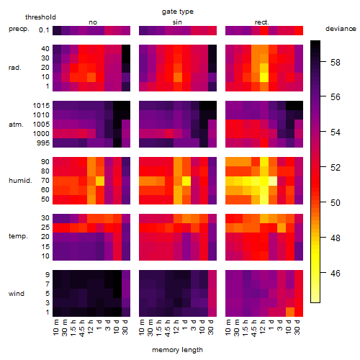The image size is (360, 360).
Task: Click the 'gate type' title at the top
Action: tap(178, 12)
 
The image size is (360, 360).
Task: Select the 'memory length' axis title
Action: tap(177, 350)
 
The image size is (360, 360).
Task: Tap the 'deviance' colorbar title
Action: tap(341, 29)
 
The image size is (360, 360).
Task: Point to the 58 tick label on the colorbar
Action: tap(336, 63)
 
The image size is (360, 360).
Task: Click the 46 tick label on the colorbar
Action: tap(336, 273)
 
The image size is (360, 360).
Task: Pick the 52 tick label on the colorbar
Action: tap(336, 168)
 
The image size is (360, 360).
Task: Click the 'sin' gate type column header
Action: tap(177, 22)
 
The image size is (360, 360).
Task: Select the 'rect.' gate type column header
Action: tap(262, 22)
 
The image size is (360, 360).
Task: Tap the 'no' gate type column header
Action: tap(93, 22)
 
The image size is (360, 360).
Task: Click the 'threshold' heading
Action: tap(40, 17)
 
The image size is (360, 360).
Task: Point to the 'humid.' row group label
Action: tap(20, 181)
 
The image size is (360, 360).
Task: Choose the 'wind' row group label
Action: tap(17, 294)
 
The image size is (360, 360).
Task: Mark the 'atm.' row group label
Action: tap(16, 125)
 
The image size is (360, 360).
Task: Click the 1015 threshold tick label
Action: tap(41, 106)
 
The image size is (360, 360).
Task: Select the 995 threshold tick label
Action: tap(43, 143)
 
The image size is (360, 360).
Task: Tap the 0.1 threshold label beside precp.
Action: tap(44, 30)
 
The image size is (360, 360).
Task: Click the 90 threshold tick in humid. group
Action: tap(45, 162)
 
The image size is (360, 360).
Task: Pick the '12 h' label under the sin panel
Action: tap(176, 327)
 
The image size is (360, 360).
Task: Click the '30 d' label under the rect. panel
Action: tap(297, 327)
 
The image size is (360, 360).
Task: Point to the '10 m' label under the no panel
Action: tap(55, 328)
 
